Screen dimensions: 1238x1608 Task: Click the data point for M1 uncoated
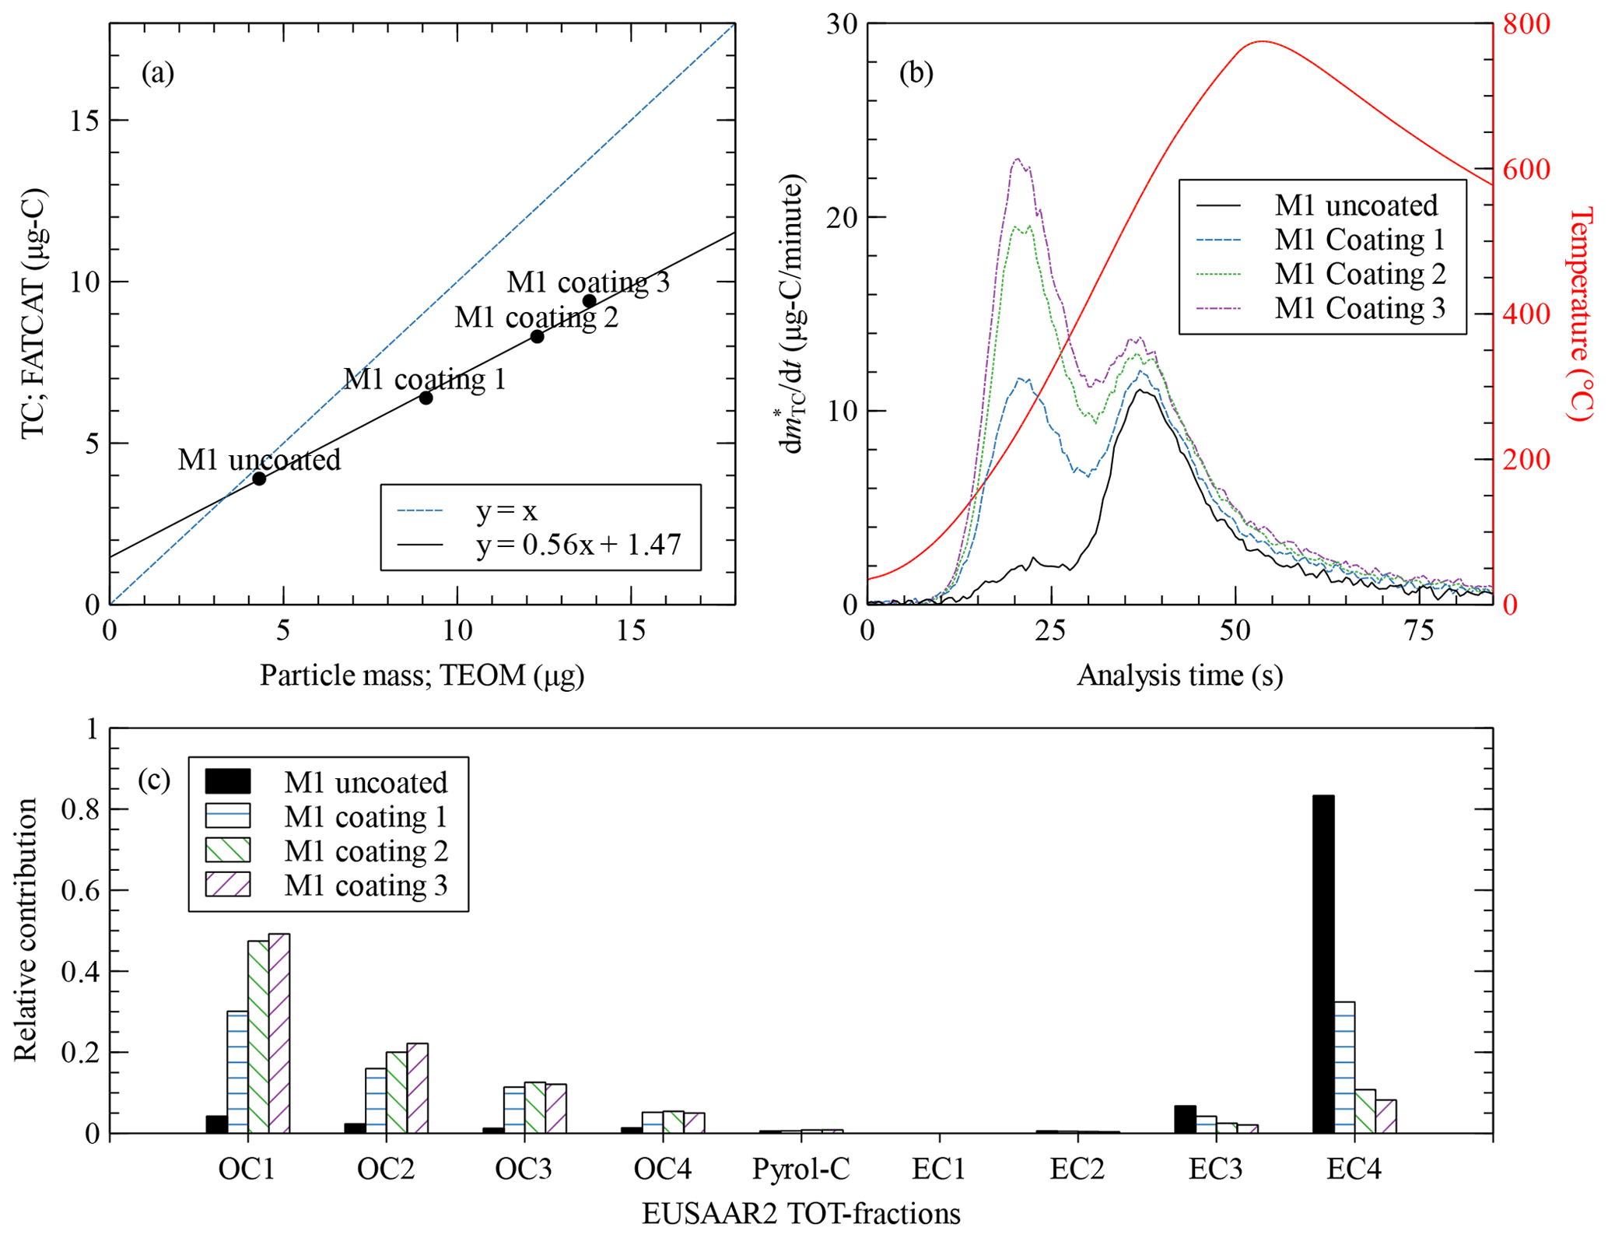(x=259, y=479)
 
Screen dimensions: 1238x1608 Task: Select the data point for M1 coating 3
(x=589, y=301)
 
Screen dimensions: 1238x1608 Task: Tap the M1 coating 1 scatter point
(x=426, y=398)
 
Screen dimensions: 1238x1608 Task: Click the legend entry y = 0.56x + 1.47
(x=578, y=545)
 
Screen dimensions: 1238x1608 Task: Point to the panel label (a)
(x=157, y=73)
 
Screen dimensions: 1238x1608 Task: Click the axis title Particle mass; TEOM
(x=422, y=675)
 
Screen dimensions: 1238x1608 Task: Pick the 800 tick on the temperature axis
(x=1526, y=24)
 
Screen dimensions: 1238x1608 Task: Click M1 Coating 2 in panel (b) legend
(x=1359, y=274)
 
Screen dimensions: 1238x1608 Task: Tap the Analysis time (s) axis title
(x=1179, y=675)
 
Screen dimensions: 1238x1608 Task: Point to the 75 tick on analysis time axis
(x=1419, y=630)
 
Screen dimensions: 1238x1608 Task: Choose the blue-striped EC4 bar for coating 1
(x=1344, y=1067)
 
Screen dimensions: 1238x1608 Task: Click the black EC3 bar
(x=1184, y=1119)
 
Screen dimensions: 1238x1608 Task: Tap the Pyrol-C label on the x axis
(x=800, y=1169)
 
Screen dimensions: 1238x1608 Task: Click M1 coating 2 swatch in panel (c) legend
(x=227, y=850)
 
